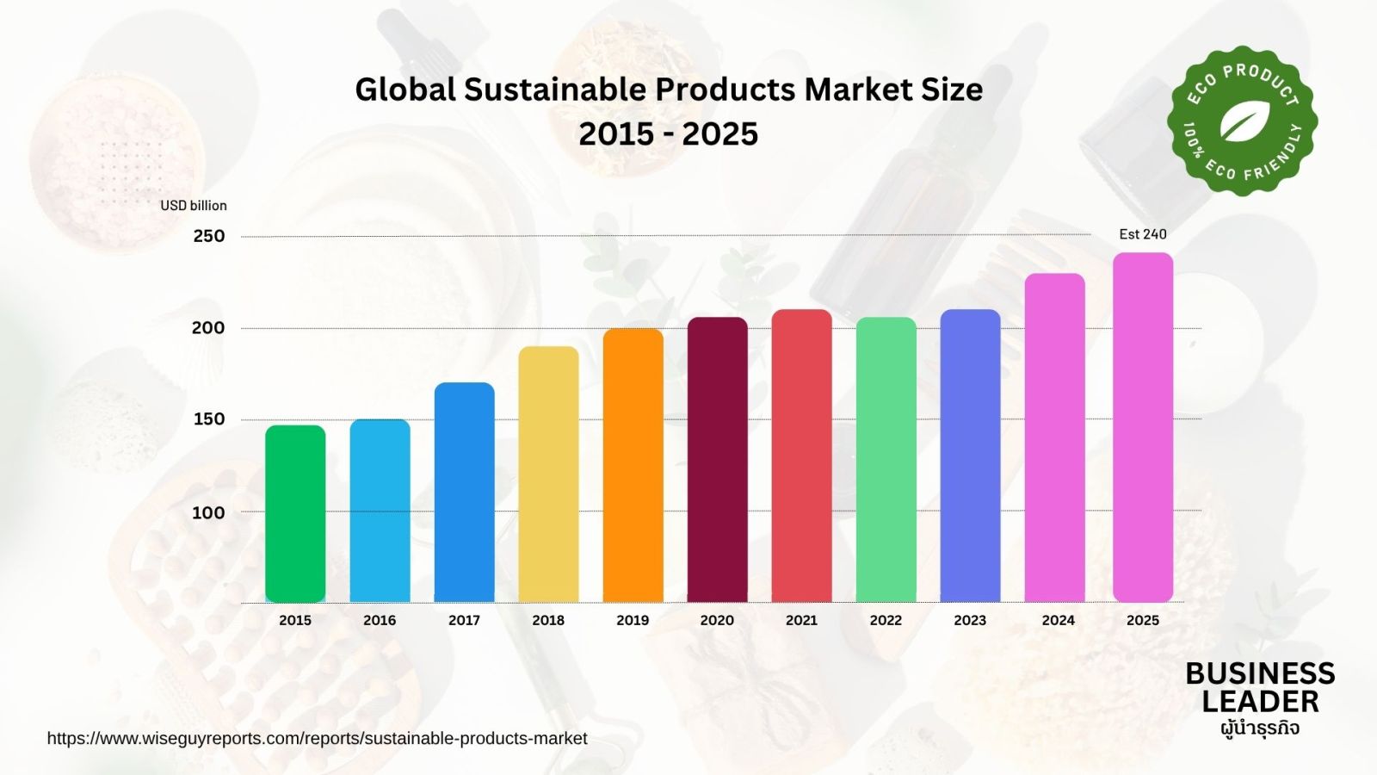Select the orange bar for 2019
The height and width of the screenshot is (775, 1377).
[x=633, y=465]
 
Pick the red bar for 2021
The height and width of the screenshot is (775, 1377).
[x=801, y=456]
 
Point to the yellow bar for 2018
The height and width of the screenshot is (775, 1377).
[x=548, y=474]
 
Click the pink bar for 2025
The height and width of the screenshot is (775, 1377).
[x=1142, y=427]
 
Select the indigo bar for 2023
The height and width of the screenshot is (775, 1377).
[x=970, y=456]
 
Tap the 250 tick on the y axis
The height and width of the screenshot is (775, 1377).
[x=208, y=236]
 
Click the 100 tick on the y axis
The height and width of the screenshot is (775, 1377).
[x=208, y=512]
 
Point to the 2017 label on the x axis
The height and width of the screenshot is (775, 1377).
[x=464, y=620]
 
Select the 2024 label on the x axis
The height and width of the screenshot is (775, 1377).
[x=1058, y=620]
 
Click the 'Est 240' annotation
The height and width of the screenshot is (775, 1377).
[x=1142, y=234]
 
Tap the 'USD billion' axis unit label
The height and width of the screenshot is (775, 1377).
[x=194, y=206]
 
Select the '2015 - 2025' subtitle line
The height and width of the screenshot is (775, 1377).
[x=668, y=134]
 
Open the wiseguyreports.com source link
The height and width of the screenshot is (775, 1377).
[x=317, y=739]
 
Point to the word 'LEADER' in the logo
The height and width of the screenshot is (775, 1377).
[x=1260, y=702]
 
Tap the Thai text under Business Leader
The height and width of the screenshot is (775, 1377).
[x=1259, y=728]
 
